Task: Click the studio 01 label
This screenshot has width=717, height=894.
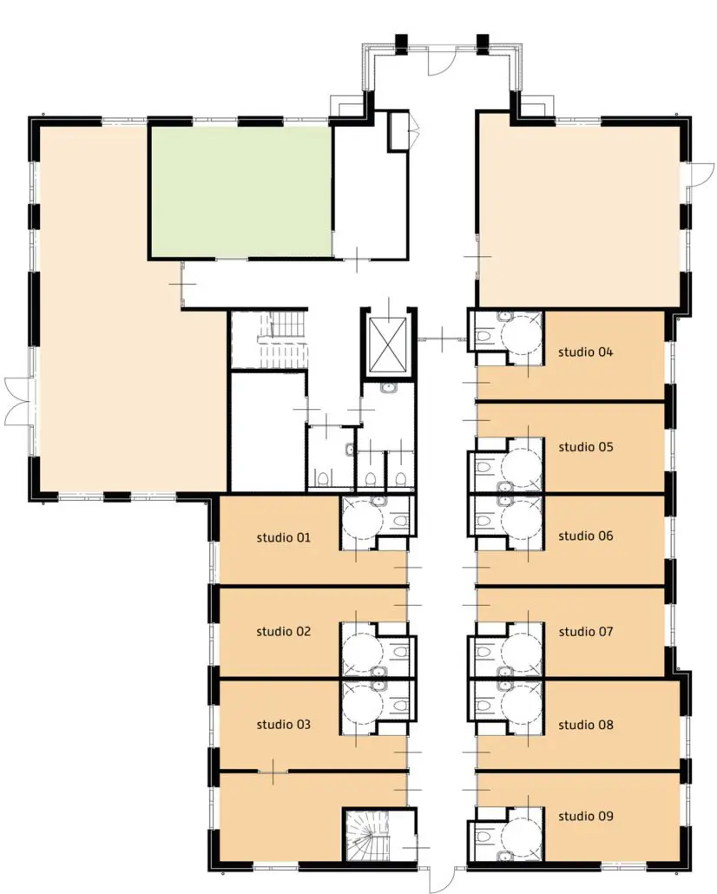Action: (284, 537)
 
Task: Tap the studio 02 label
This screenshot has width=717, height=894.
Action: (284, 631)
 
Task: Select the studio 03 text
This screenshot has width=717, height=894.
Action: (284, 724)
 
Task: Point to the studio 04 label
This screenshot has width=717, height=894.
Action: (585, 352)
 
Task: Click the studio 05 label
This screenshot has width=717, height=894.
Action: (586, 447)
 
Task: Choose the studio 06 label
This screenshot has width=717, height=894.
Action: (586, 536)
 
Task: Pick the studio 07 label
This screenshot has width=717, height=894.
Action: (586, 632)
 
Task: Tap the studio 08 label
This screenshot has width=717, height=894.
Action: (586, 725)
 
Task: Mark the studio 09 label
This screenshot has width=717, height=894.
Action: (586, 816)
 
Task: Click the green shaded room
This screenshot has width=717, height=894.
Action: (240, 191)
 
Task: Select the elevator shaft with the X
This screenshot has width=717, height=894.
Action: (388, 341)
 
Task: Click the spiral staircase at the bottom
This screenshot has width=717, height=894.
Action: (368, 834)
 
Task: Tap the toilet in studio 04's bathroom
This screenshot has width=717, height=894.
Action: (483, 336)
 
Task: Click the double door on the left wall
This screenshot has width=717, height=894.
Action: (17, 401)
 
